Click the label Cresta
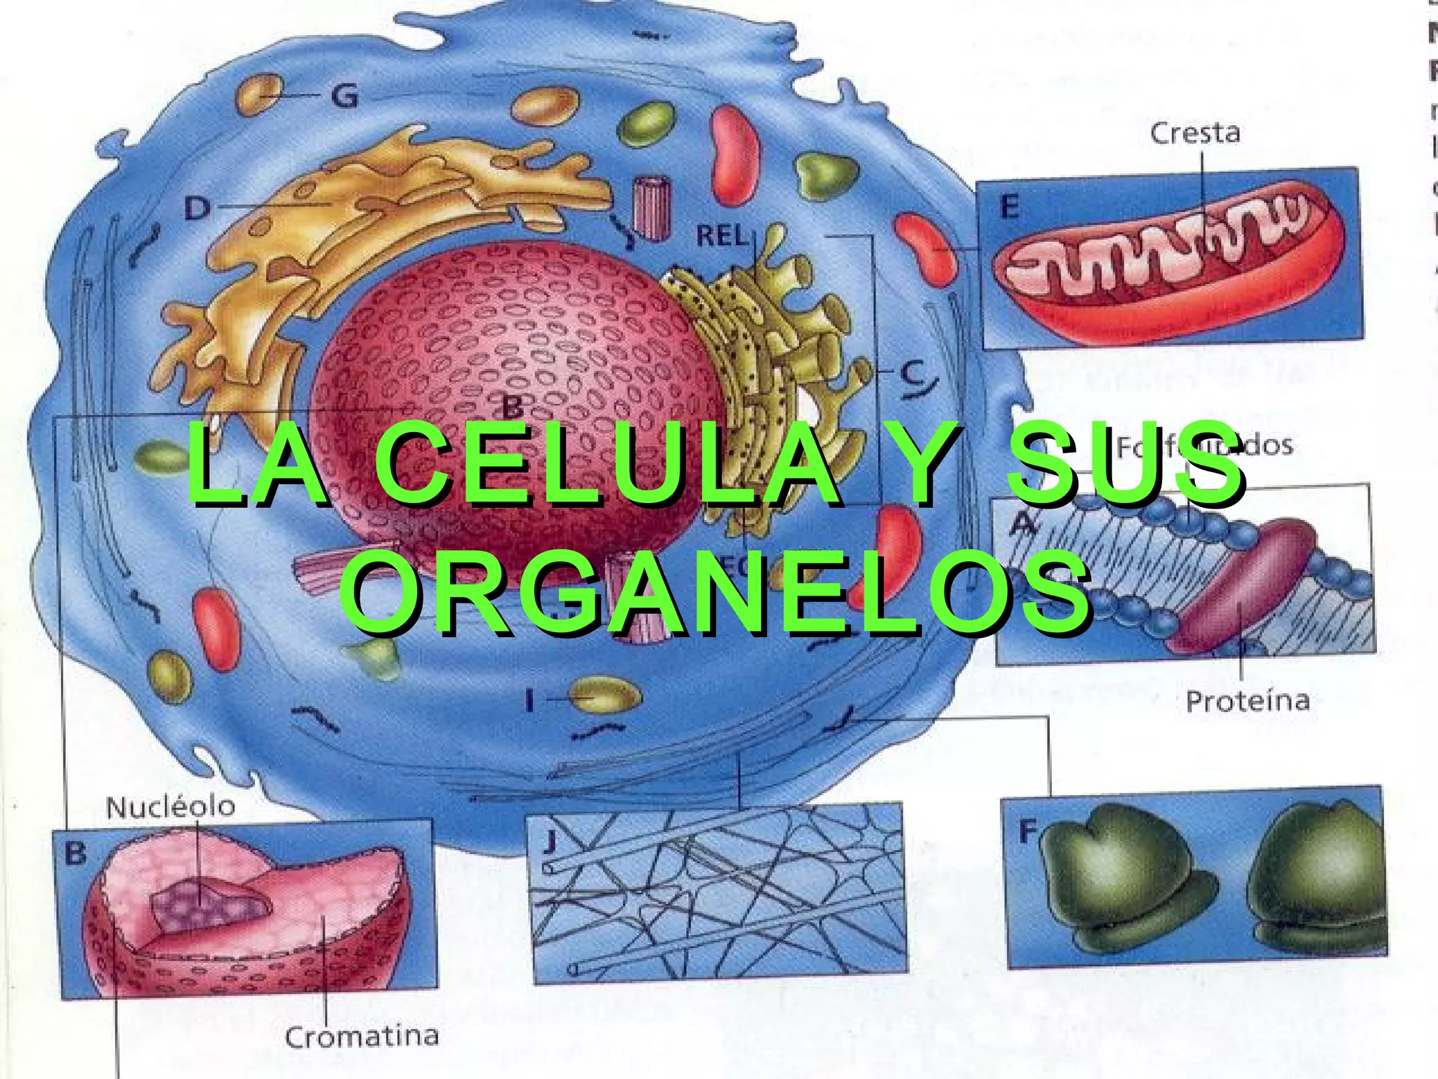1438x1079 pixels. pyautogui.click(x=1194, y=133)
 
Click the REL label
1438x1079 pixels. pyautogui.click(x=722, y=236)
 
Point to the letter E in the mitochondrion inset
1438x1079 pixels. pyautogui.click(x=1008, y=207)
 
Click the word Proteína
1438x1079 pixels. pyautogui.click(x=1248, y=701)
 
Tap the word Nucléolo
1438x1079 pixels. pyautogui.click(x=171, y=806)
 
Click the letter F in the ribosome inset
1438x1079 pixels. pyautogui.click(x=1028, y=832)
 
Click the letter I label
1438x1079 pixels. pyautogui.click(x=530, y=700)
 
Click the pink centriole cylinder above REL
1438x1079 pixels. pyautogui.click(x=652, y=208)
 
